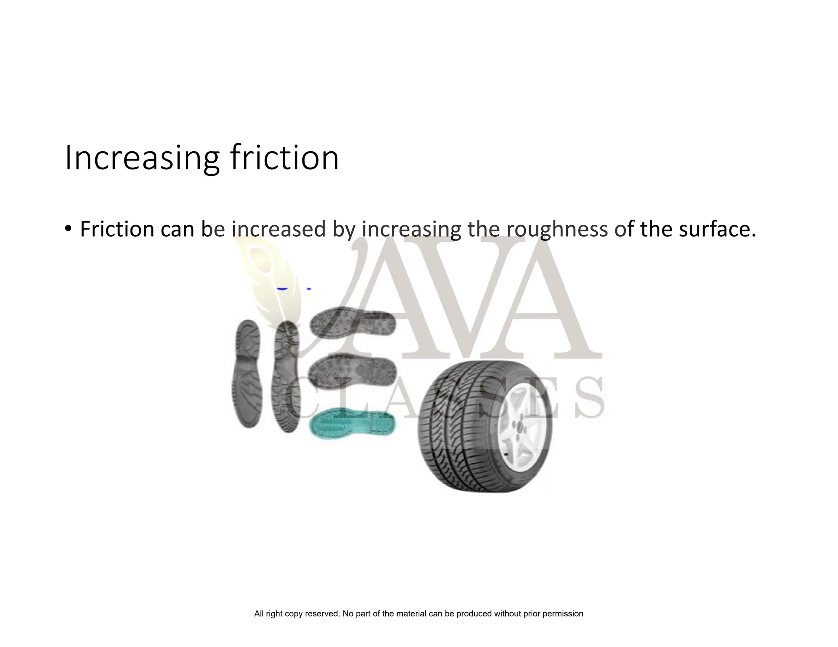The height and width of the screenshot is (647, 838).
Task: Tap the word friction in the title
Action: tap(284, 157)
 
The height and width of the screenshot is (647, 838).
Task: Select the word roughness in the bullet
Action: tap(557, 229)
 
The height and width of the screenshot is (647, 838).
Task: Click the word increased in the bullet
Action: tap(278, 229)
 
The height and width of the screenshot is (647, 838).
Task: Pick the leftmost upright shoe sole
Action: tap(248, 374)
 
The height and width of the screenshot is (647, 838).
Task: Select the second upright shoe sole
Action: tap(286, 376)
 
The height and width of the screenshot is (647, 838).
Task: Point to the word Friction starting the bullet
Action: tap(117, 229)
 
